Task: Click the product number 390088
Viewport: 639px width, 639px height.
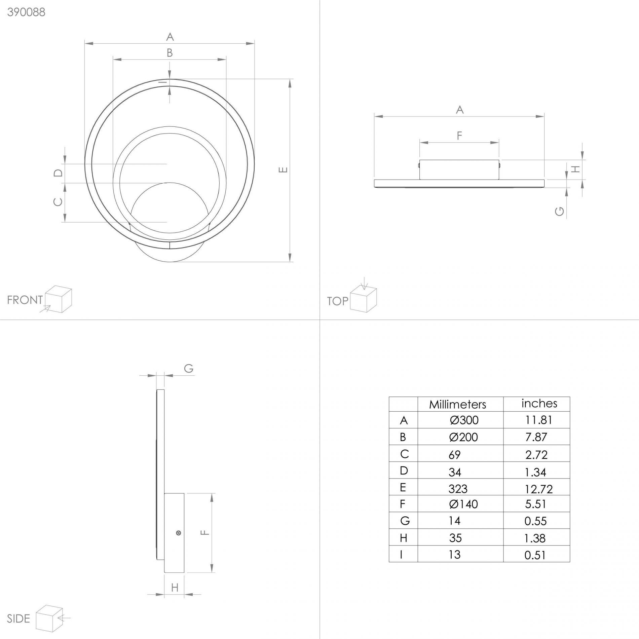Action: click(26, 12)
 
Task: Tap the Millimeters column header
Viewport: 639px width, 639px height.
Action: click(457, 404)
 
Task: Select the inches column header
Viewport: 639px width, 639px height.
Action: click(539, 403)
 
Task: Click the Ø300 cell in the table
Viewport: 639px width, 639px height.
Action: click(464, 420)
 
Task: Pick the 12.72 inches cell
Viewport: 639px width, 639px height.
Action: click(538, 489)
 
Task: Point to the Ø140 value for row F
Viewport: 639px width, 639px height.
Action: click(463, 504)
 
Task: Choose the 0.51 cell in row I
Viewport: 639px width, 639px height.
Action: click(535, 555)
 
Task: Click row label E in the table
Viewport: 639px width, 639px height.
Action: click(403, 487)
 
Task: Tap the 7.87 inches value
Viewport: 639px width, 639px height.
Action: click(536, 437)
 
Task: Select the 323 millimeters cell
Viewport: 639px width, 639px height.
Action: click(458, 488)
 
